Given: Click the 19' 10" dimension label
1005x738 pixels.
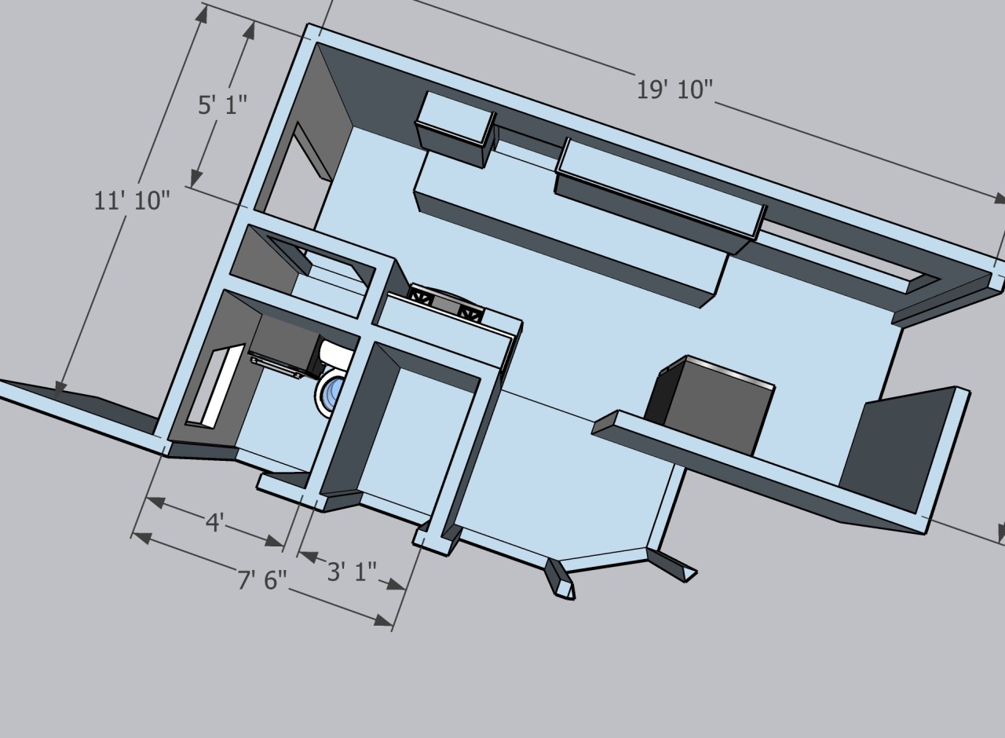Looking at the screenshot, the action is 674,90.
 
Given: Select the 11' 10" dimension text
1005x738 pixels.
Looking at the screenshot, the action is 133,200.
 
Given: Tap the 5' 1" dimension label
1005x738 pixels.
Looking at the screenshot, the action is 222,105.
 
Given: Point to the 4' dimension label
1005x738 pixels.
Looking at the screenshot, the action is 214,523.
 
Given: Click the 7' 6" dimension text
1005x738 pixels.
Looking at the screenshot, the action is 262,579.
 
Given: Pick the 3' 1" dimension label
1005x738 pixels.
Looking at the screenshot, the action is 353,572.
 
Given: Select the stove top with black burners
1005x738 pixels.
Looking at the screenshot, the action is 446,303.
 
